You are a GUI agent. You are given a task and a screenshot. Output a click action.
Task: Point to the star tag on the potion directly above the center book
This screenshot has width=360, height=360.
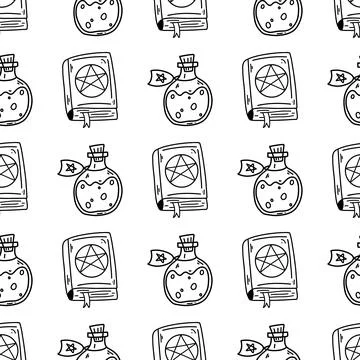point(159,74)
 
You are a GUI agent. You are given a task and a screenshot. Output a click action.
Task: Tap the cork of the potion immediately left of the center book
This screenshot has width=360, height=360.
point(97,153)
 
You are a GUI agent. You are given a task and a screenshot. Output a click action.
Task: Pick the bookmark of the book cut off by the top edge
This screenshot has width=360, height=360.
point(176,34)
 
